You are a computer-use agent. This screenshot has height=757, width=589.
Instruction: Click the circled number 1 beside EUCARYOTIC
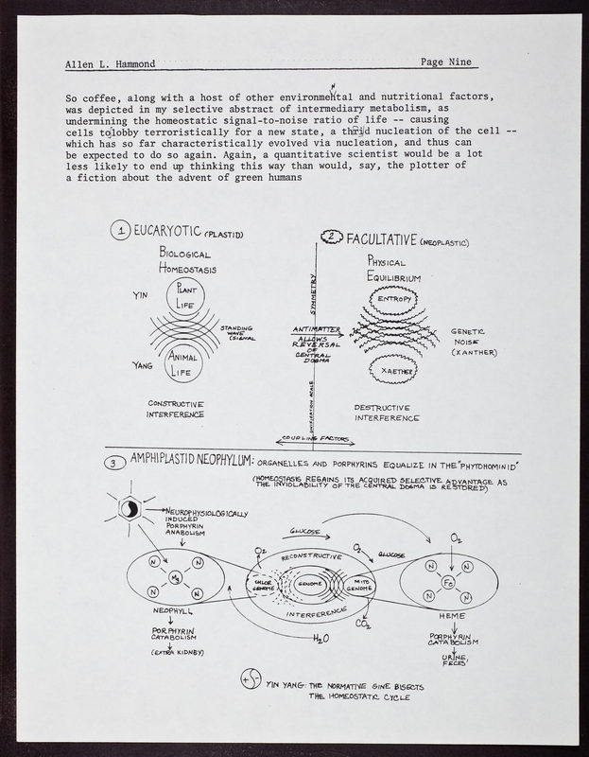click(120, 230)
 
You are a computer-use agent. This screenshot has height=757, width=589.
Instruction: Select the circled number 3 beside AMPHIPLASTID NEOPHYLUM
click(113, 464)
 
